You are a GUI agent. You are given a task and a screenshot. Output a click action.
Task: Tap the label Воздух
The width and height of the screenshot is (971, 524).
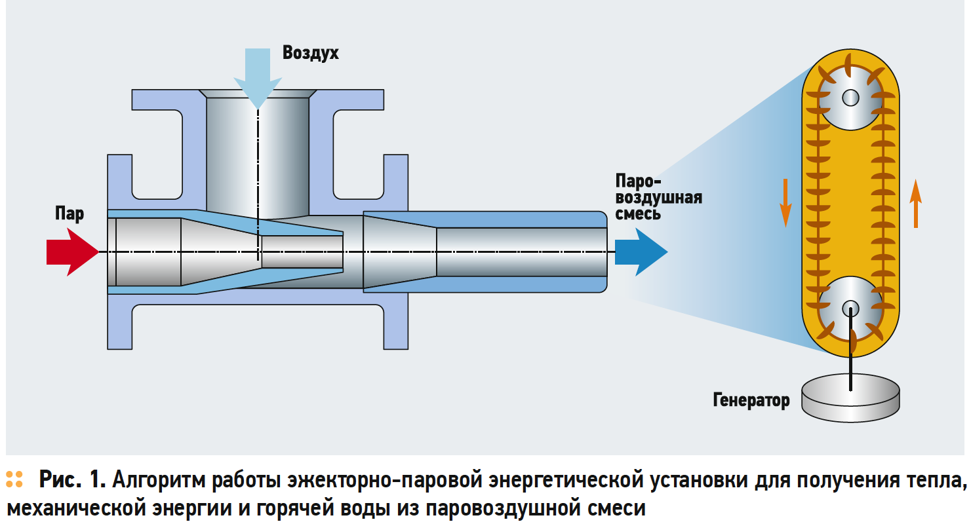[x=311, y=53]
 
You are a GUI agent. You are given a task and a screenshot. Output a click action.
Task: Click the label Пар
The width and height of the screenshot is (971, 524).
[x=69, y=214]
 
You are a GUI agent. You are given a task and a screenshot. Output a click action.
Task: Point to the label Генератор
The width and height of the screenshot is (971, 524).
[x=751, y=400]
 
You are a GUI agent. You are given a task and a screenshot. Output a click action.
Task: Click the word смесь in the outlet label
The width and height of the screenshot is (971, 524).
[x=638, y=214]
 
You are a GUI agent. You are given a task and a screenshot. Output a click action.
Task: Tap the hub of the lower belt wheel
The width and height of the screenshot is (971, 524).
[x=850, y=308]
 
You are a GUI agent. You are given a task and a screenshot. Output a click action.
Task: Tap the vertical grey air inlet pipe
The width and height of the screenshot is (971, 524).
[x=257, y=157]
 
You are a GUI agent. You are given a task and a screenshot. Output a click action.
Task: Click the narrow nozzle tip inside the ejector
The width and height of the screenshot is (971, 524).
[x=302, y=252]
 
